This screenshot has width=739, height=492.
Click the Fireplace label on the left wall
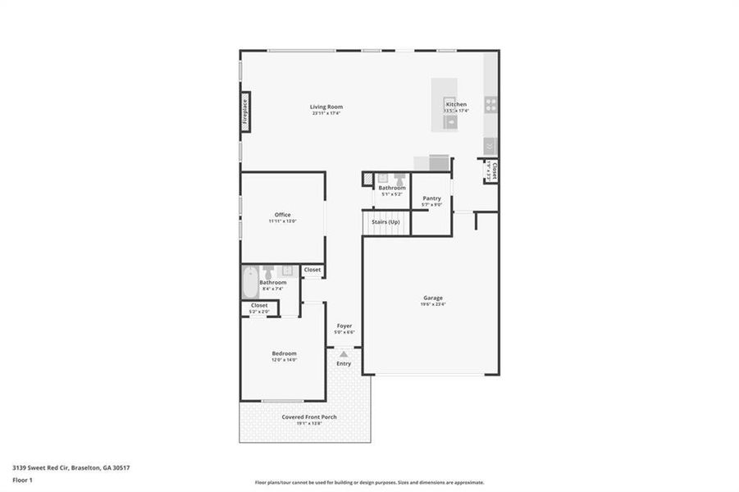(x=244, y=112)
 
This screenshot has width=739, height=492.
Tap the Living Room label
(x=326, y=107)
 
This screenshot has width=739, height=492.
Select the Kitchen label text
(x=456, y=105)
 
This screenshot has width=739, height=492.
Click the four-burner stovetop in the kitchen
(x=490, y=104)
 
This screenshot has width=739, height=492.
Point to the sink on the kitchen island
(x=449, y=121)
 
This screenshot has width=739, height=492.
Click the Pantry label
(x=431, y=198)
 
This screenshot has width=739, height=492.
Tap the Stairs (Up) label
(x=385, y=222)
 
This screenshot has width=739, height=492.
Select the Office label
(x=282, y=215)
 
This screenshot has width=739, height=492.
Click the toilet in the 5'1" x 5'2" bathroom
(x=399, y=179)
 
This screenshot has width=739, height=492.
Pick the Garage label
(x=432, y=298)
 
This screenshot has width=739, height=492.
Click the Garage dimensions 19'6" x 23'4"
(x=432, y=305)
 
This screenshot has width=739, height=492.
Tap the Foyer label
(x=344, y=326)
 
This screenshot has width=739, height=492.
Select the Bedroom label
(x=284, y=353)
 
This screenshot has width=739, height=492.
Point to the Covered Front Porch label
(x=309, y=417)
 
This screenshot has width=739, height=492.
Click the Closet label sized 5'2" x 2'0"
(x=259, y=305)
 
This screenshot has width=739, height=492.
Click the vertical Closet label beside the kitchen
(x=495, y=171)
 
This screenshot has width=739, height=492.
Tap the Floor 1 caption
(x=22, y=482)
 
